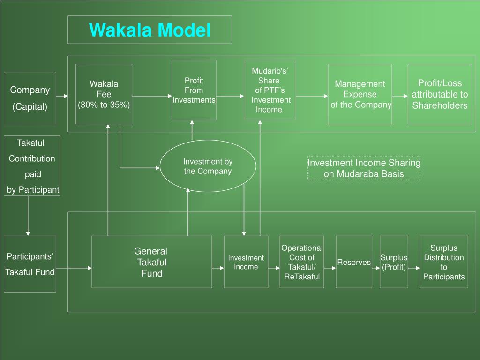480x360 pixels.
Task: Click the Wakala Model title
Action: click(x=150, y=30)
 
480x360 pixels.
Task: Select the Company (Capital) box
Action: click(x=30, y=98)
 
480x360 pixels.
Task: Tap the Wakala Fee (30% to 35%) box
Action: click(x=104, y=94)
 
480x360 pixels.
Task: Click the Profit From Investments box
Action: click(x=194, y=90)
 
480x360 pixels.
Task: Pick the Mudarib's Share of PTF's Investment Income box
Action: click(x=270, y=90)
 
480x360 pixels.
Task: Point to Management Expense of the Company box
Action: click(x=360, y=94)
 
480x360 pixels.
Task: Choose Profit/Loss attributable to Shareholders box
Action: click(x=440, y=94)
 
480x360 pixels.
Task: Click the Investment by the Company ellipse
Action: click(x=208, y=166)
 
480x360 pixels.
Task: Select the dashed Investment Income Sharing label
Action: click(x=364, y=168)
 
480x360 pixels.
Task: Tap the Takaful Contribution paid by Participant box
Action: click(x=32, y=166)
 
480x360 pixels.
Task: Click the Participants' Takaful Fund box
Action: click(x=30, y=264)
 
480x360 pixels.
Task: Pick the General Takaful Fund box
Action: click(x=152, y=262)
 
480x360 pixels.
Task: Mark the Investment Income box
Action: click(x=246, y=262)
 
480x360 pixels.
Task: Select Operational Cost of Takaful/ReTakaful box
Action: click(x=302, y=262)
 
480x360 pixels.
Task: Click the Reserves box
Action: click(x=354, y=262)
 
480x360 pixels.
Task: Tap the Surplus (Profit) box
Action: click(x=394, y=262)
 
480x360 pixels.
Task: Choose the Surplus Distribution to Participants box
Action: click(x=444, y=262)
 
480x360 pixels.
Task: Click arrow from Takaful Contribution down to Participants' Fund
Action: click(x=28, y=216)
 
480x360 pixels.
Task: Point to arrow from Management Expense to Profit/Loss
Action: click(x=400, y=96)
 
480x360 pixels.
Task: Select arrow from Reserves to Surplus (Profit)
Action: click(x=376, y=268)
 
